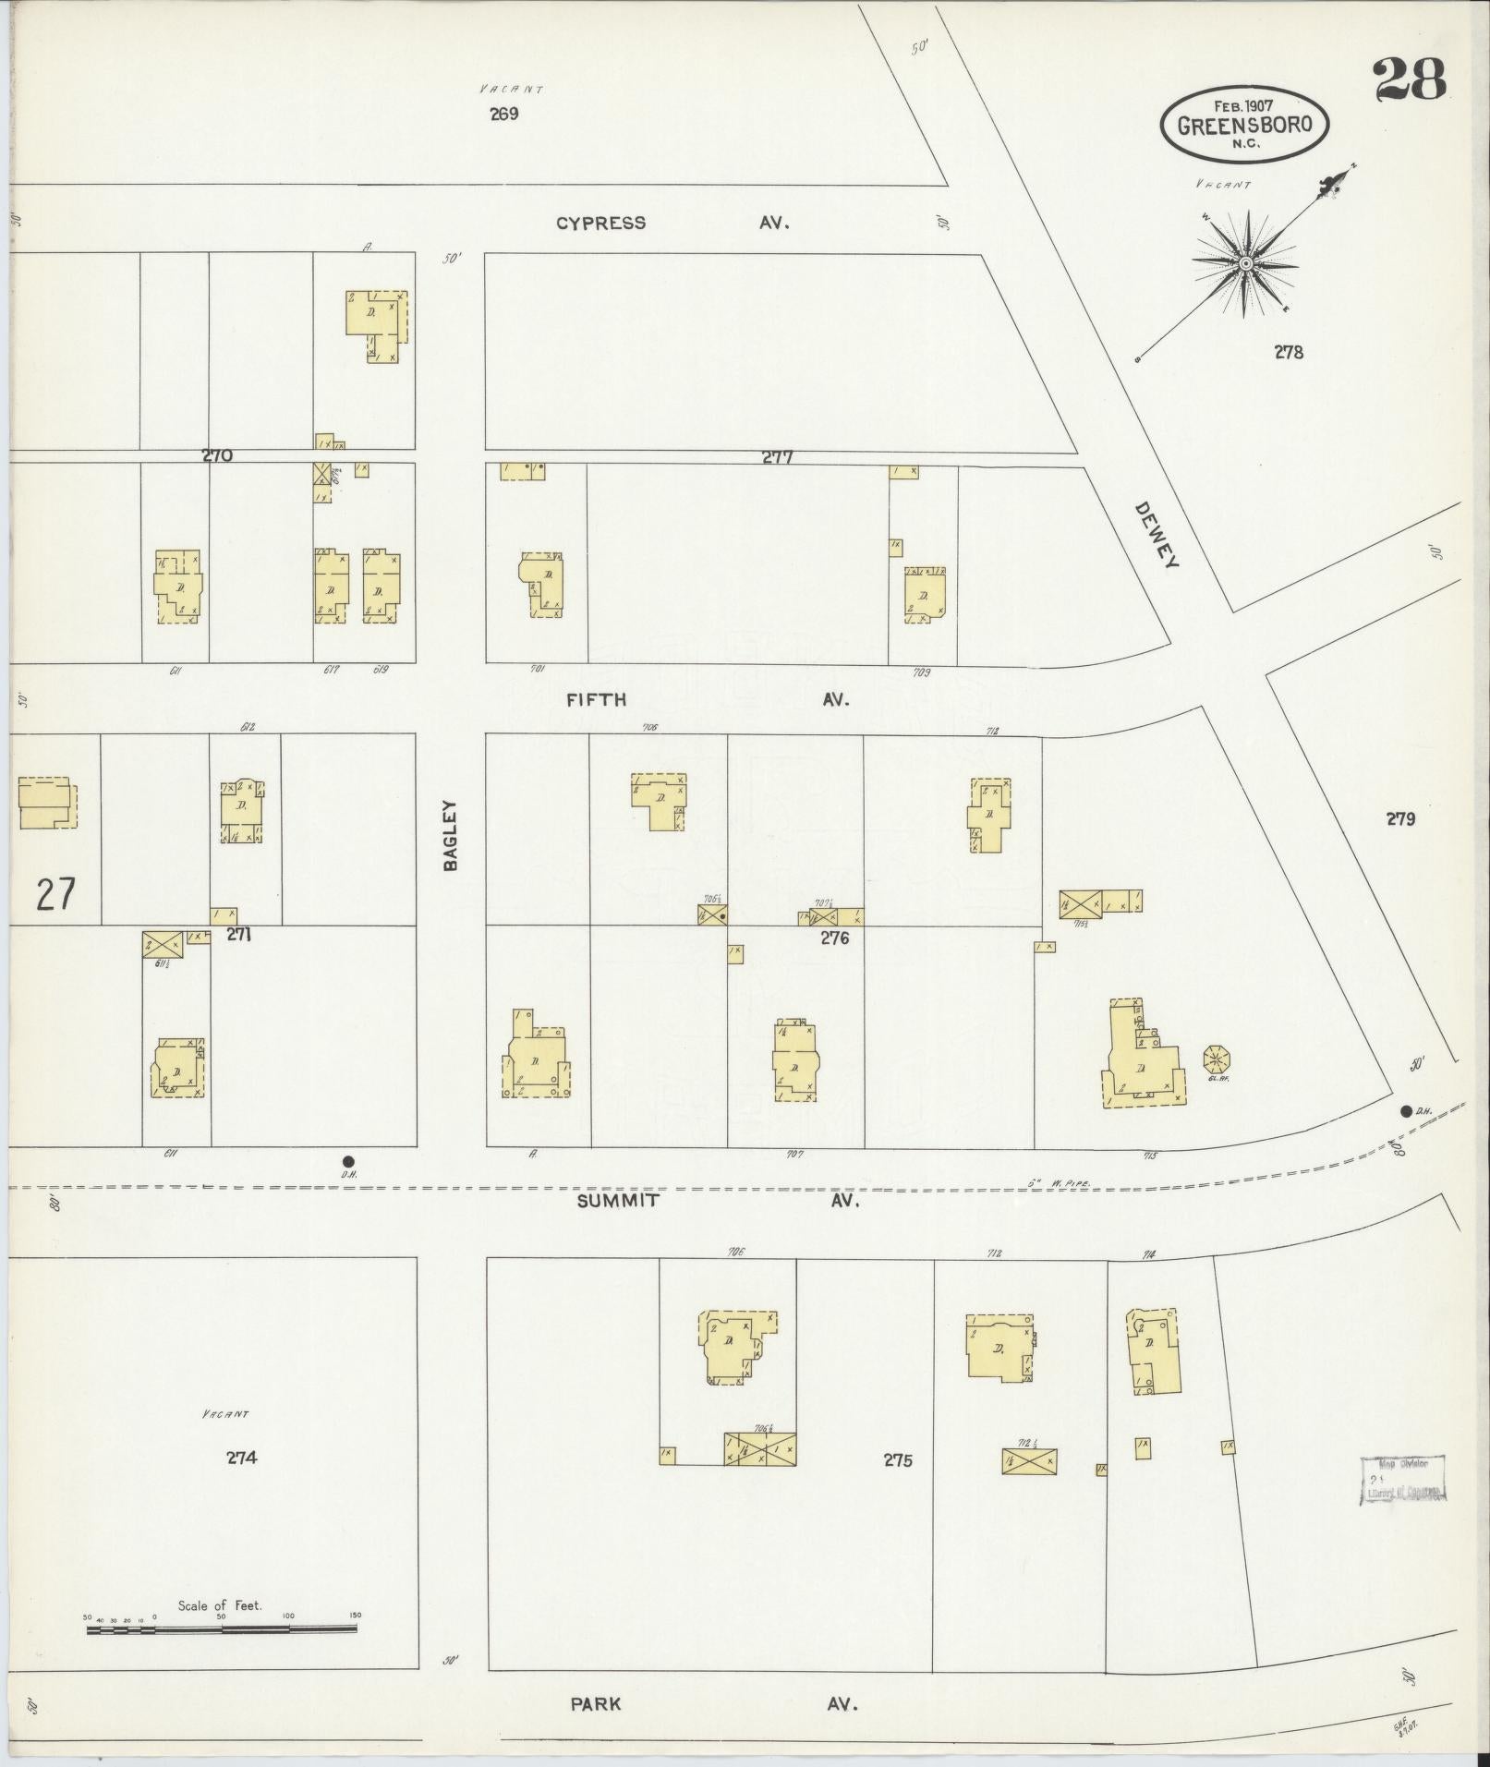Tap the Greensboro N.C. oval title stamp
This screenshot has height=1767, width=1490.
[x=1244, y=125]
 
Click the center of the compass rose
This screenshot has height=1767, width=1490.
[x=1245, y=264]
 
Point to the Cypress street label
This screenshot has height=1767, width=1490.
[x=600, y=223]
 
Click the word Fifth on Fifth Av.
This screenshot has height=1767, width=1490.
[x=596, y=699]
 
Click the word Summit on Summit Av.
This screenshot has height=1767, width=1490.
[x=618, y=1201]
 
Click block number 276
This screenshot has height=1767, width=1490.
[x=834, y=938]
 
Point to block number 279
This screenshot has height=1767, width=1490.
[x=1400, y=818]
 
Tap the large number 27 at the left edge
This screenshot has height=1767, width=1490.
[x=55, y=894]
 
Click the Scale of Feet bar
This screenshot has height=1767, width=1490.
[x=222, y=1629]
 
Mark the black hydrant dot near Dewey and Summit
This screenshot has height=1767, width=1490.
[x=1406, y=1111]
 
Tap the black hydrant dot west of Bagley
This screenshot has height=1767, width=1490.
[x=348, y=1161]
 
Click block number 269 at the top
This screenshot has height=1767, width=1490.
[x=504, y=115]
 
